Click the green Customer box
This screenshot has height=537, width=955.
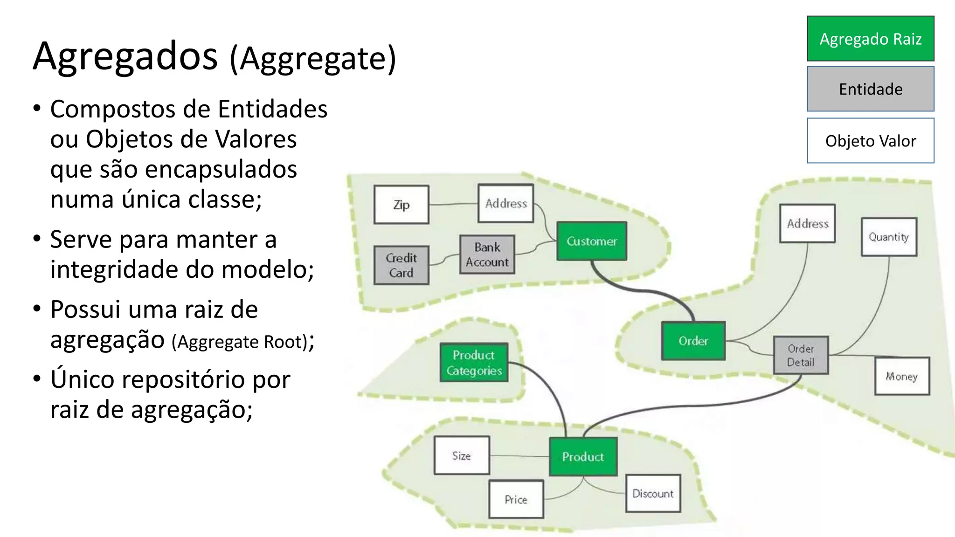591,241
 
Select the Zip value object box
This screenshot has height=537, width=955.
401,205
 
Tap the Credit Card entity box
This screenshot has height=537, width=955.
401,265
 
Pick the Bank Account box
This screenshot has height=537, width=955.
487,255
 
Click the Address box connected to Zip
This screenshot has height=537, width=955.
505,203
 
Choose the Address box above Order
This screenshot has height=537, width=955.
807,223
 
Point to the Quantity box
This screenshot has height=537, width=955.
888,237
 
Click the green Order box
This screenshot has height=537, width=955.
693,341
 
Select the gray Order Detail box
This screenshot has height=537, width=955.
801,355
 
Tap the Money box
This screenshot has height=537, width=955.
901,376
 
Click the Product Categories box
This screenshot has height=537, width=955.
474,363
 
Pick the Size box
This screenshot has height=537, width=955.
461,455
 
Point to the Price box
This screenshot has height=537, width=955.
516,499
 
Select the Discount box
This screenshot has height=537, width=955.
652,494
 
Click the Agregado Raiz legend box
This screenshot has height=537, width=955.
870,39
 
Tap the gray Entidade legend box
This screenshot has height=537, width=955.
870,89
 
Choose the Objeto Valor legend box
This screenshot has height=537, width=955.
870,141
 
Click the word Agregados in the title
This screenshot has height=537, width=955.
125,56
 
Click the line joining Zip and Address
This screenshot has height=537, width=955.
453,204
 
